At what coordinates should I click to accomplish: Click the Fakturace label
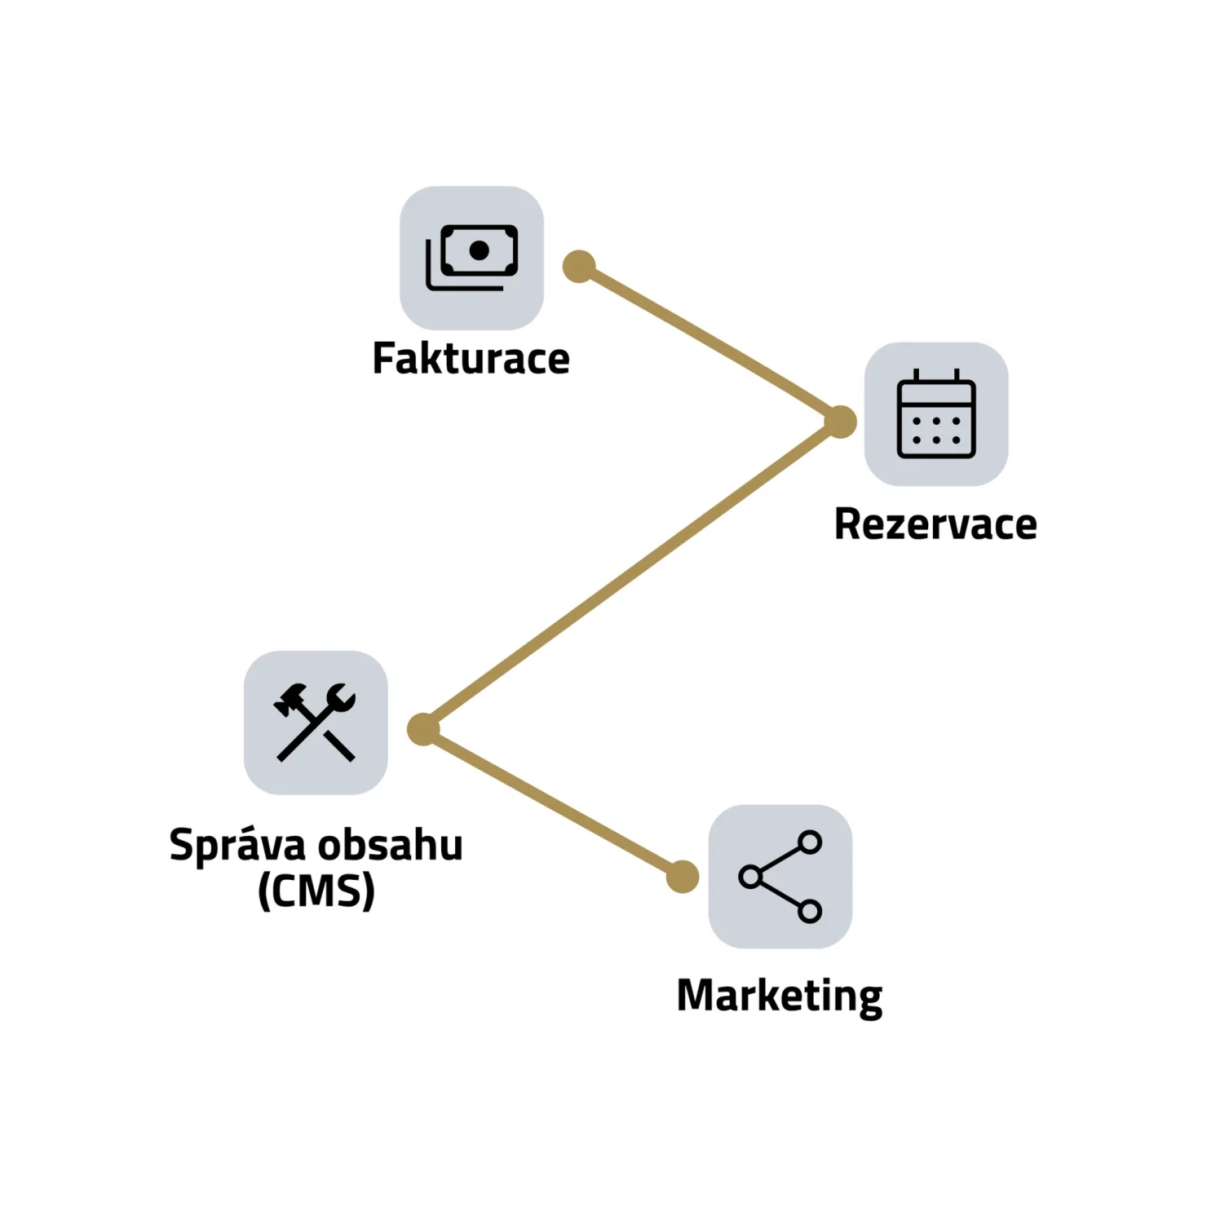(x=471, y=359)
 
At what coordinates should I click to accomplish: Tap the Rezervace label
(x=935, y=524)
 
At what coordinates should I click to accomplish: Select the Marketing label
(x=780, y=996)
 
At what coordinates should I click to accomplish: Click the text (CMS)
(x=316, y=891)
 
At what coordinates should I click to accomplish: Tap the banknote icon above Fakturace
(x=471, y=258)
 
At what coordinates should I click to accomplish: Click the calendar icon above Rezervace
(x=936, y=413)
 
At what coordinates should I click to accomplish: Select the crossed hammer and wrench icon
(x=316, y=723)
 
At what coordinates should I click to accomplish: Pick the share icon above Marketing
(x=780, y=877)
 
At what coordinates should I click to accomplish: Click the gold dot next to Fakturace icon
(x=579, y=267)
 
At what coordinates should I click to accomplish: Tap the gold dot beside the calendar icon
(x=840, y=422)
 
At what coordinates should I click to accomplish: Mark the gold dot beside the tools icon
(x=423, y=729)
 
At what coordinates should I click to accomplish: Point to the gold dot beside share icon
(x=683, y=877)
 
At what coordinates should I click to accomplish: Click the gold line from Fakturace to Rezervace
(x=710, y=344)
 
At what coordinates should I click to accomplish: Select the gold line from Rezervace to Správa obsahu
(x=632, y=575)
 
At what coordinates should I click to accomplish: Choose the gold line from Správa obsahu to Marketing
(x=553, y=803)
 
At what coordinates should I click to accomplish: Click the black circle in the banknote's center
(x=480, y=250)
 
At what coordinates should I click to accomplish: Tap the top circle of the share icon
(x=810, y=842)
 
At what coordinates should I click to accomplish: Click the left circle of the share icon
(x=749, y=877)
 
